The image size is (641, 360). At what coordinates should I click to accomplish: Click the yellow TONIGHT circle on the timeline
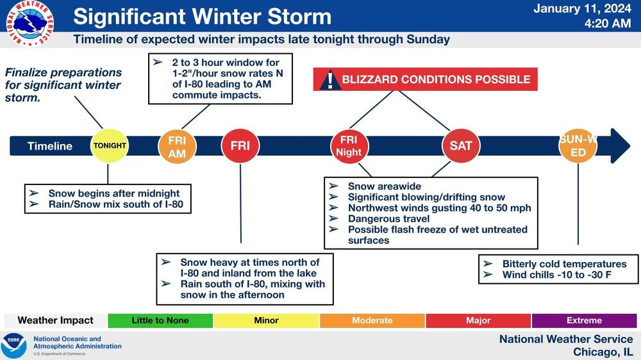coord(109,146)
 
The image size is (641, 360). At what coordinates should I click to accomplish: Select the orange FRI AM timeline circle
coord(177,147)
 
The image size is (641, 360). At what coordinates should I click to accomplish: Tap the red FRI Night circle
coord(349,146)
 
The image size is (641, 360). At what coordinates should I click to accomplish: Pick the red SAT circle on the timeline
coord(461,146)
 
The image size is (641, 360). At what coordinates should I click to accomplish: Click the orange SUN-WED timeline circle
coord(578,146)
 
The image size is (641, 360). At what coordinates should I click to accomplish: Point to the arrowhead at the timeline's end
coord(620,146)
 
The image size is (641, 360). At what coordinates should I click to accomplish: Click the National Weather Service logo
coord(29,23)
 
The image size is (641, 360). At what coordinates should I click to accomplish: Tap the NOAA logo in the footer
coord(13,346)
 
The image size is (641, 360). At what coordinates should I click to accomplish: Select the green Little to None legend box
coord(160,321)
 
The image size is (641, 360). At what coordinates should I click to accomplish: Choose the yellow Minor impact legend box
coord(266,321)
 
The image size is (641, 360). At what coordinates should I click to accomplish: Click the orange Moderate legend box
coord(372,321)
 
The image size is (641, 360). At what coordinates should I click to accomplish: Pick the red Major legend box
coord(478,321)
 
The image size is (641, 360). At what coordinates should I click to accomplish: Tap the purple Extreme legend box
coord(584,321)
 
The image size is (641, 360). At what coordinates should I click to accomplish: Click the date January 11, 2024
coord(582,8)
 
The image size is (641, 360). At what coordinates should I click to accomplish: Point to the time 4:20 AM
coord(608,23)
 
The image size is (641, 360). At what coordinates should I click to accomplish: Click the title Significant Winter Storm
coord(203,17)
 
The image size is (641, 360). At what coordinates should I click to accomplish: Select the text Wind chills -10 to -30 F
coord(557,275)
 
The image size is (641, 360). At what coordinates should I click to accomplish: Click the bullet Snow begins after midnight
coord(114,193)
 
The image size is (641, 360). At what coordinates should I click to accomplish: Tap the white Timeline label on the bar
coord(50,146)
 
